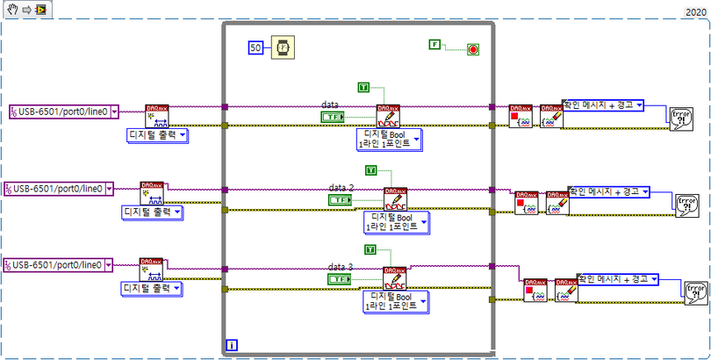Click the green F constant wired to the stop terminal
(434, 43)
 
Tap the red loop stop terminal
(473, 49)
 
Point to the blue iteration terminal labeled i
(232, 345)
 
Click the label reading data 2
(341, 188)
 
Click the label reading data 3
(341, 266)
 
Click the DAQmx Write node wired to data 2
(395, 198)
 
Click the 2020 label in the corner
(693, 12)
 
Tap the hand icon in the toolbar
(11, 10)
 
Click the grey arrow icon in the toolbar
(25, 10)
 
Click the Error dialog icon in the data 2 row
(686, 205)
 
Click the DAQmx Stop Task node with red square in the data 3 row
(535, 290)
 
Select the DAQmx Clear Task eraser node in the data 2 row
(557, 203)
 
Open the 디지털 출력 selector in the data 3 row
(151, 288)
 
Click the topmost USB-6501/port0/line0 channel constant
(63, 112)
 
